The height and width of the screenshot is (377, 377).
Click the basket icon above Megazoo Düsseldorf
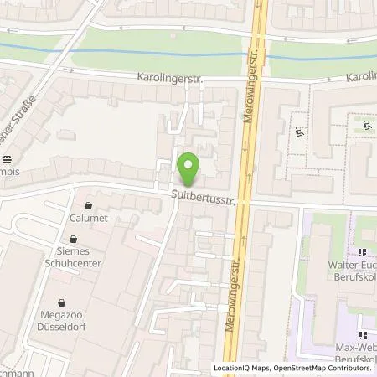tap(60, 303)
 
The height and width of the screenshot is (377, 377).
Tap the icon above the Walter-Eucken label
tap(363, 253)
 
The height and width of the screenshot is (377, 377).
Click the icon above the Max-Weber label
tap(363, 320)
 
